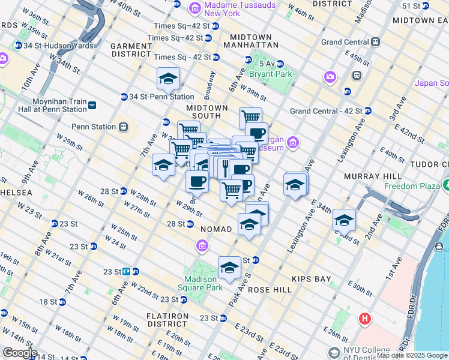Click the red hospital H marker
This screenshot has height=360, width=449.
(x=364, y=319)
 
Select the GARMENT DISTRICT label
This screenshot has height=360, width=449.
(x=131, y=49)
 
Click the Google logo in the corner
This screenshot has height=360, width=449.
(x=19, y=353)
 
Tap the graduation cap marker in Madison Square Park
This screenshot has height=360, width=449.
(x=229, y=268)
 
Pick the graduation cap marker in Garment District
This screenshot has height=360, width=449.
(x=169, y=79)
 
